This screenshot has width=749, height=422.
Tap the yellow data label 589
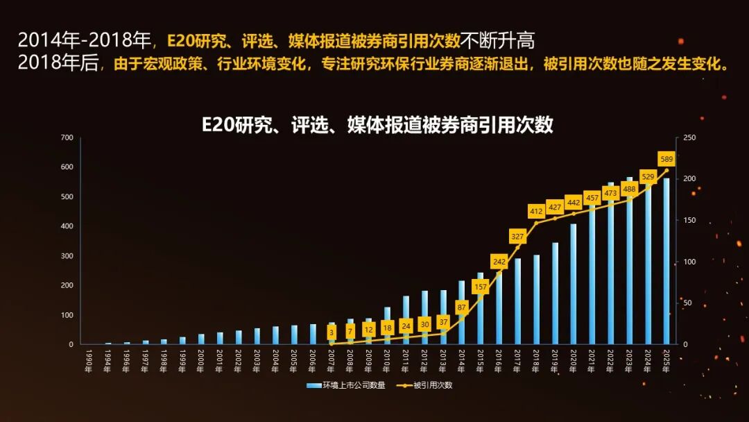tap(666, 159)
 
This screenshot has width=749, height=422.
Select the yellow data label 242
tap(499, 262)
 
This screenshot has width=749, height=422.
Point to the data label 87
tap(461, 307)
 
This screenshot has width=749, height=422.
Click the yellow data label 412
tap(536, 211)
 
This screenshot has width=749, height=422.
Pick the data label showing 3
tap(332, 332)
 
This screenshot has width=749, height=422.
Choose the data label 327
tap(517, 237)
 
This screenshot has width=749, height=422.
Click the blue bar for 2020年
tap(574, 284)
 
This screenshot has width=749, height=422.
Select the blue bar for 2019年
tap(555, 293)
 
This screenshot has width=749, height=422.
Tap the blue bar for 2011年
tap(406, 320)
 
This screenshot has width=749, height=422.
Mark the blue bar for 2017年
tap(517, 301)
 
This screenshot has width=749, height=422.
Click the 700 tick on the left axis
tap(67, 137)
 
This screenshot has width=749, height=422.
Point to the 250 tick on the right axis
tap(689, 137)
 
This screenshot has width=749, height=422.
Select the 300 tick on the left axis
tap(67, 256)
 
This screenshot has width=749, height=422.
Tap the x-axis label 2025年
tap(666, 362)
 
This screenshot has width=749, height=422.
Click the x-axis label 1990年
tap(88, 362)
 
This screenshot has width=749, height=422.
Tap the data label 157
tap(480, 287)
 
